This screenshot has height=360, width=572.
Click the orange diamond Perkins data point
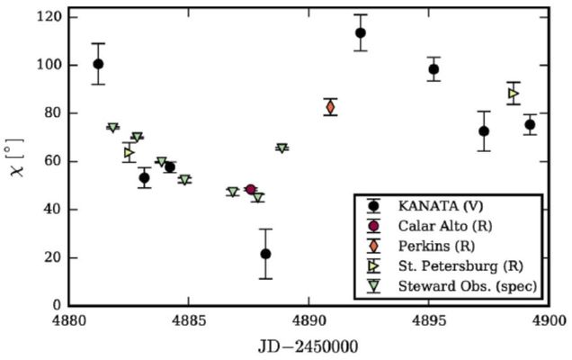(331, 107)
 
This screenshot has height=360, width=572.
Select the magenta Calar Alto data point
(250, 190)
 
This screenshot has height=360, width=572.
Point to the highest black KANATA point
(361, 32)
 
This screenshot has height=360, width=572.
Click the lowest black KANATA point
(265, 254)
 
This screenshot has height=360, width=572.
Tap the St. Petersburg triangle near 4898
(514, 93)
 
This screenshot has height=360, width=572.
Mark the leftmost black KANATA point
(98, 64)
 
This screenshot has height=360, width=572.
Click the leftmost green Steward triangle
(112, 128)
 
